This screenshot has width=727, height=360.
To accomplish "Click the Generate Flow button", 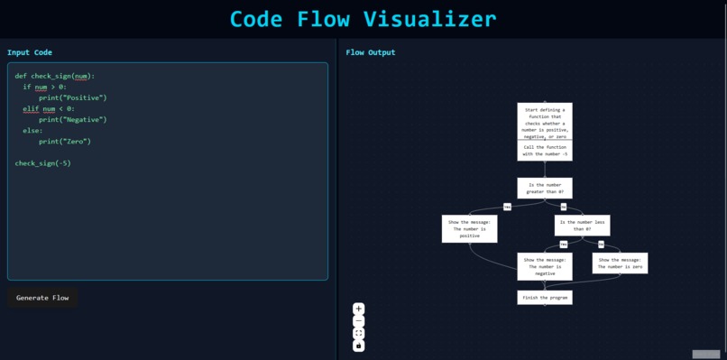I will [42, 298].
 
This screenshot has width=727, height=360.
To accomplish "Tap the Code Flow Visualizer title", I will [363, 19].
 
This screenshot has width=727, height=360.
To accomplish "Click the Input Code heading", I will [30, 52].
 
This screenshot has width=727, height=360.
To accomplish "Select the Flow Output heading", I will [370, 52].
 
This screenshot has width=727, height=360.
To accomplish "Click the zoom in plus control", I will [358, 309].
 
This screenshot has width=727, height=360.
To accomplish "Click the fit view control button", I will [358, 333].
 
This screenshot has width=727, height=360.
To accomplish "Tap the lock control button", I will [358, 345].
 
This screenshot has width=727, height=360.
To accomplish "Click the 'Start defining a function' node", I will [545, 122].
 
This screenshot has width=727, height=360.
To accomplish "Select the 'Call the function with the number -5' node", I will [545, 151].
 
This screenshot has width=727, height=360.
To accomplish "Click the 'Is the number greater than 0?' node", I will [545, 188].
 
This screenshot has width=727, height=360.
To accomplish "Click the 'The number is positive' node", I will [469, 229].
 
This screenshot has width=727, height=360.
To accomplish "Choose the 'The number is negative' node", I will [545, 267].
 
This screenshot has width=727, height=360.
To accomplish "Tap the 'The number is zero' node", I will [620, 263].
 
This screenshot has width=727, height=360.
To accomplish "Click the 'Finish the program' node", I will [545, 297].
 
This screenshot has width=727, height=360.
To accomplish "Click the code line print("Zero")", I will [65, 142].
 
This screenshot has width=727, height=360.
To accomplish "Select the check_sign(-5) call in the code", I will [42, 163].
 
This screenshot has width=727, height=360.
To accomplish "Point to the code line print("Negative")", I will [72, 119].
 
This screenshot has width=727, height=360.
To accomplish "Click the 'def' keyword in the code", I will [21, 76].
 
